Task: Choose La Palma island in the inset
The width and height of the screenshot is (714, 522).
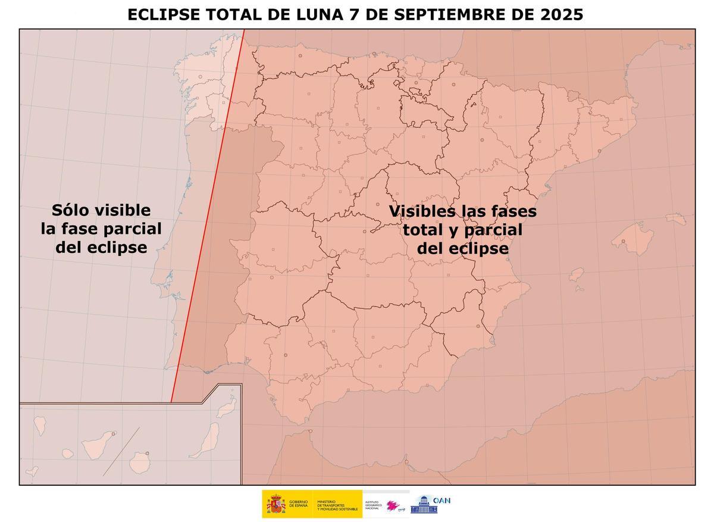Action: tap(40, 424)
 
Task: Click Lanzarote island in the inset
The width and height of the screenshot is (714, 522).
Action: tap(226, 409)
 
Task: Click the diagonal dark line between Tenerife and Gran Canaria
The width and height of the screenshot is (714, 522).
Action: tap(121, 451)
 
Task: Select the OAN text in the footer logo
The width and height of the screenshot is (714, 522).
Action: tap(441, 501)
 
